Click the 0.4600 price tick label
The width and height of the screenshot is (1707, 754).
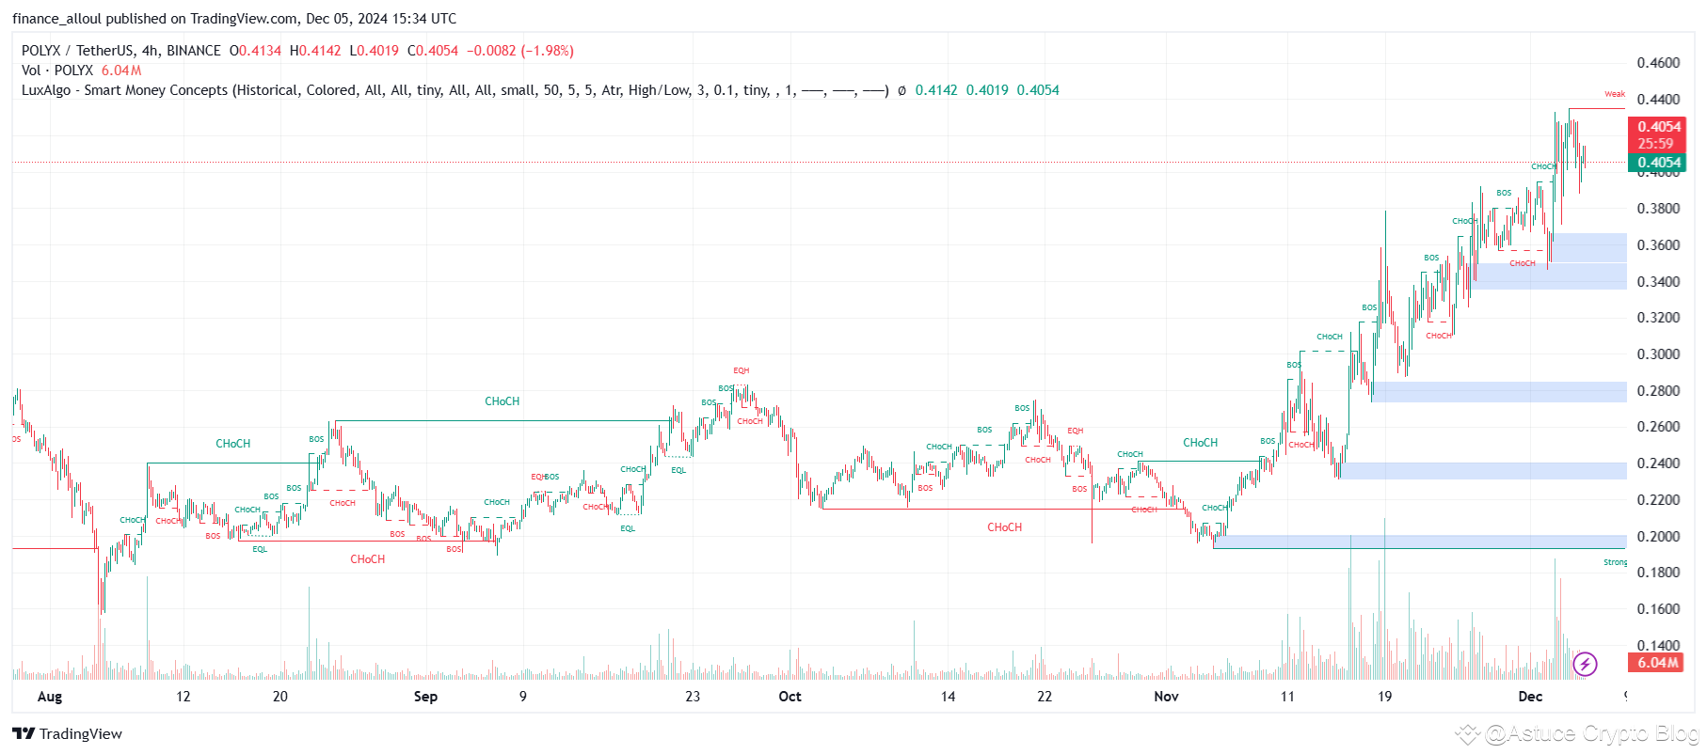1658,63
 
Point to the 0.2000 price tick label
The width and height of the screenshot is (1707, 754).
1658,536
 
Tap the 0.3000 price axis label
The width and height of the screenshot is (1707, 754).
1658,354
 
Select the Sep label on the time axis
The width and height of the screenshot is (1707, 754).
425,697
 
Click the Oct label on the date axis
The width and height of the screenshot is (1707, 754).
790,697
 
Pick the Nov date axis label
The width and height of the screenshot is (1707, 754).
1166,697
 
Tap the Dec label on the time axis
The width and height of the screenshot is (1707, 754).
1530,697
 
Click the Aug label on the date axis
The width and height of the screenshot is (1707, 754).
50,697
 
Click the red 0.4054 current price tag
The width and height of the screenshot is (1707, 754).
1659,127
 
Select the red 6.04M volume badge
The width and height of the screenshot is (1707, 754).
1656,663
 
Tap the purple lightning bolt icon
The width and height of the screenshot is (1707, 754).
1585,665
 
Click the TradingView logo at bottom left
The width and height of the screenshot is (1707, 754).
68,734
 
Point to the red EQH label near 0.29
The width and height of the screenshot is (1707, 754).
742,370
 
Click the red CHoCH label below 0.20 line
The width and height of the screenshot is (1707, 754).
367,559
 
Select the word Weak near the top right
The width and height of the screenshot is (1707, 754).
1615,94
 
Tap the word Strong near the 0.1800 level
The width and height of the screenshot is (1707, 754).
1615,562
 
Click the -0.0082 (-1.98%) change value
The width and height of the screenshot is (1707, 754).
520,51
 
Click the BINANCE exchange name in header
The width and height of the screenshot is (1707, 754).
194,51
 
